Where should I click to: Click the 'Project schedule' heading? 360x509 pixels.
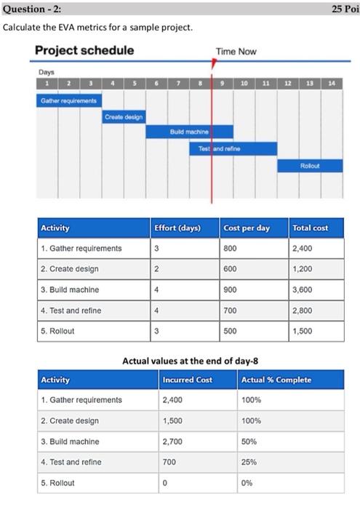84,50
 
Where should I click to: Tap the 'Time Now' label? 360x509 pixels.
236,52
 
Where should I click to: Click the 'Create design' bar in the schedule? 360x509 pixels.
124,116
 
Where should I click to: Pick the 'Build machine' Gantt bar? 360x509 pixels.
191,132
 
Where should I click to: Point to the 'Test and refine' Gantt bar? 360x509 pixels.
233,148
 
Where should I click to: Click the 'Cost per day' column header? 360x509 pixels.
247,228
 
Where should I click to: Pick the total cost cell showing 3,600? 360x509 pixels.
303,289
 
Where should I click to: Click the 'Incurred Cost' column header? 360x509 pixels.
188,380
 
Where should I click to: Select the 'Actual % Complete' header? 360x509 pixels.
276,380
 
